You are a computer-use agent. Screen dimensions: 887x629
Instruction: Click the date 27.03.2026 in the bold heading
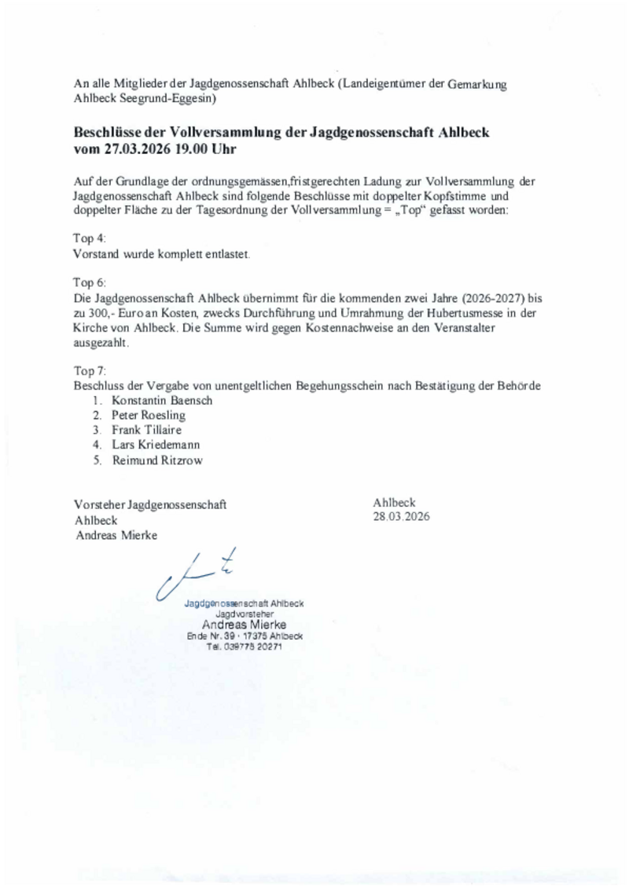click(134, 148)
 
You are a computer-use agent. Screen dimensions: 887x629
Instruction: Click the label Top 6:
click(90, 282)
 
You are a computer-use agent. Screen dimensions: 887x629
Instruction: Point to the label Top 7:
click(90, 370)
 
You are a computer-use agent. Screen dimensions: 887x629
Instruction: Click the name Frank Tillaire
click(146, 430)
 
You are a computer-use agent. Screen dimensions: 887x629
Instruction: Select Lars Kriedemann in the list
click(156, 445)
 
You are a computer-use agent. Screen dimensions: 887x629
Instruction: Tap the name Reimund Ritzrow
click(157, 460)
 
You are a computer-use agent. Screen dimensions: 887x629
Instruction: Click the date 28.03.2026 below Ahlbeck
click(402, 517)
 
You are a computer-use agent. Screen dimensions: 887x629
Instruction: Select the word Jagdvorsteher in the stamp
click(245, 614)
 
